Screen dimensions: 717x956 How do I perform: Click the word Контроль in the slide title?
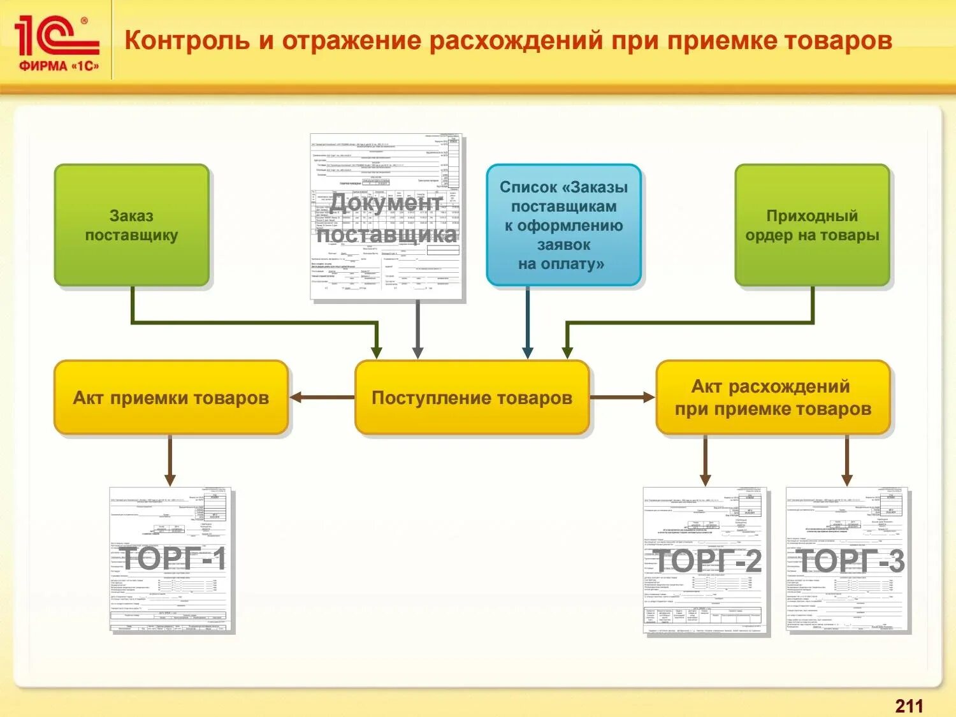coord(187,40)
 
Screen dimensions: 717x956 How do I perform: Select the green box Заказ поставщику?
coord(132,225)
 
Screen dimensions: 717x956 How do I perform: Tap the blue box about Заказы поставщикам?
coord(563,225)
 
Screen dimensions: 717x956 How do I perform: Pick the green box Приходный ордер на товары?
coord(812,225)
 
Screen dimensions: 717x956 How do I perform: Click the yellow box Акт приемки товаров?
coord(171,398)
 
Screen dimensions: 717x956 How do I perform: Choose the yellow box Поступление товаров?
coord(472,398)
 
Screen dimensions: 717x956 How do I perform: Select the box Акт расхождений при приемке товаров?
coord(772,398)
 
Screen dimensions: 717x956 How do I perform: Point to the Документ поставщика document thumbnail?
coord(387,217)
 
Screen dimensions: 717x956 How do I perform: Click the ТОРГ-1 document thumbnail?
coord(172,560)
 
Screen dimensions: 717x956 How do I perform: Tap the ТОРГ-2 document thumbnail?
coord(706,561)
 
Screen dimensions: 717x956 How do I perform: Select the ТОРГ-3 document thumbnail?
coord(847,560)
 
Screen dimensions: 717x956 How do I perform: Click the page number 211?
coord(909,706)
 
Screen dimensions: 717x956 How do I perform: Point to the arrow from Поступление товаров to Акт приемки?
coord(322,398)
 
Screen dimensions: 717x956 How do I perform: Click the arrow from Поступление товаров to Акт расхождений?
coord(622,398)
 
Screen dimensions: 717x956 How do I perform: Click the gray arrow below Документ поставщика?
coord(417,329)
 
